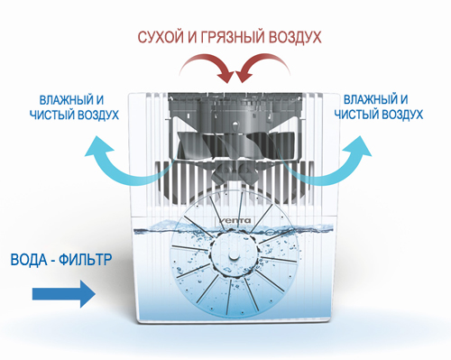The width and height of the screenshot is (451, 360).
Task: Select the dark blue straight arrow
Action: [62, 293]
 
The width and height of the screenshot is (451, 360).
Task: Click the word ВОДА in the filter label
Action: [31, 260]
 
